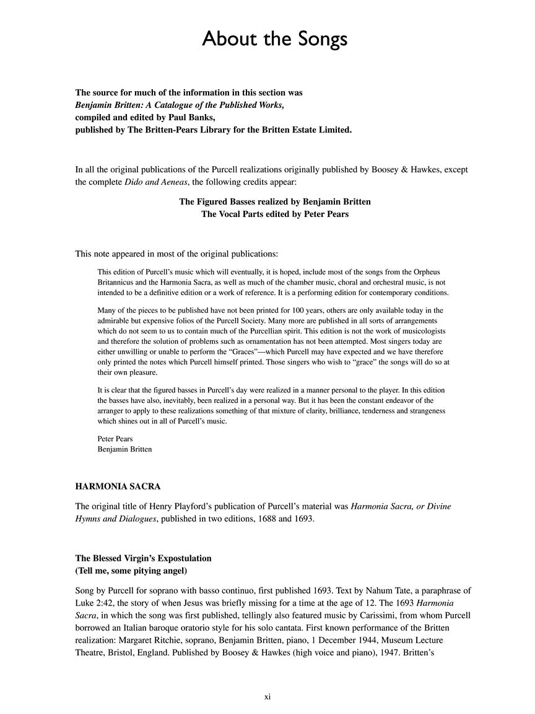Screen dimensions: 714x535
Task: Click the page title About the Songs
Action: (x=275, y=39)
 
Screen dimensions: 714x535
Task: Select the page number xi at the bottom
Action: (x=267, y=697)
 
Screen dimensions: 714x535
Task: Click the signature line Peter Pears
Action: (x=116, y=438)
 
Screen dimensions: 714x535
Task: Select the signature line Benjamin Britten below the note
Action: (x=124, y=449)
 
